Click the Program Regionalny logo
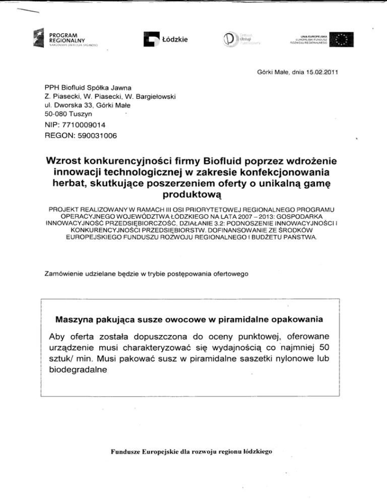68,38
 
